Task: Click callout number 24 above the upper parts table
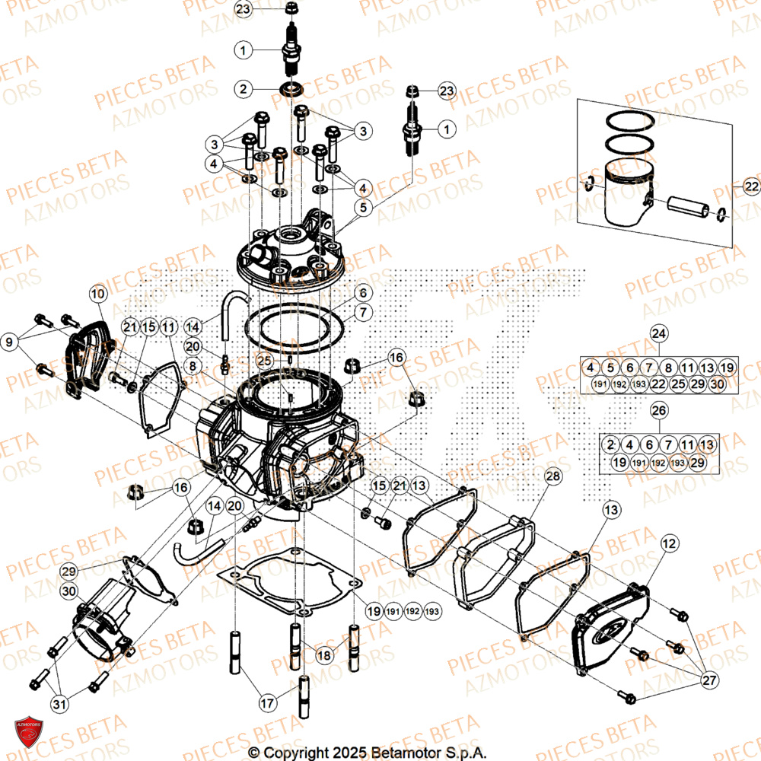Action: tap(658, 333)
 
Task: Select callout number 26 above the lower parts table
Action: tap(658, 410)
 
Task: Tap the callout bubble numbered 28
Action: tap(552, 476)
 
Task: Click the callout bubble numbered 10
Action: tap(99, 293)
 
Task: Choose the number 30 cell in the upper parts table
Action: tap(714, 384)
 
